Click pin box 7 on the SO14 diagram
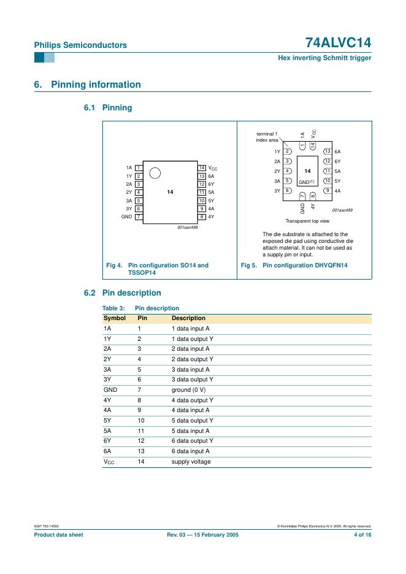tap(139, 216)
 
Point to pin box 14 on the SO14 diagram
tap(202, 167)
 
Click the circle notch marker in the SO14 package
tap(155, 174)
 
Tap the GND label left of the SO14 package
tap(127, 216)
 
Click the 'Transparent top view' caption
tap(307, 221)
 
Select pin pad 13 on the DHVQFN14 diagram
tap(328, 151)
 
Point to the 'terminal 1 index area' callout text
tap(267, 137)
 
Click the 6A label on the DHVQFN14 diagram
tap(337, 151)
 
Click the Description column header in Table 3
tap(188, 318)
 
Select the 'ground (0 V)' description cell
tap(190, 390)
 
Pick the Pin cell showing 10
tap(140, 421)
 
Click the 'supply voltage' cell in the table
tap(191, 461)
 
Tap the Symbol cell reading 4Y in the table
tap(107, 400)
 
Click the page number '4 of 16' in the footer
tap(362, 535)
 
